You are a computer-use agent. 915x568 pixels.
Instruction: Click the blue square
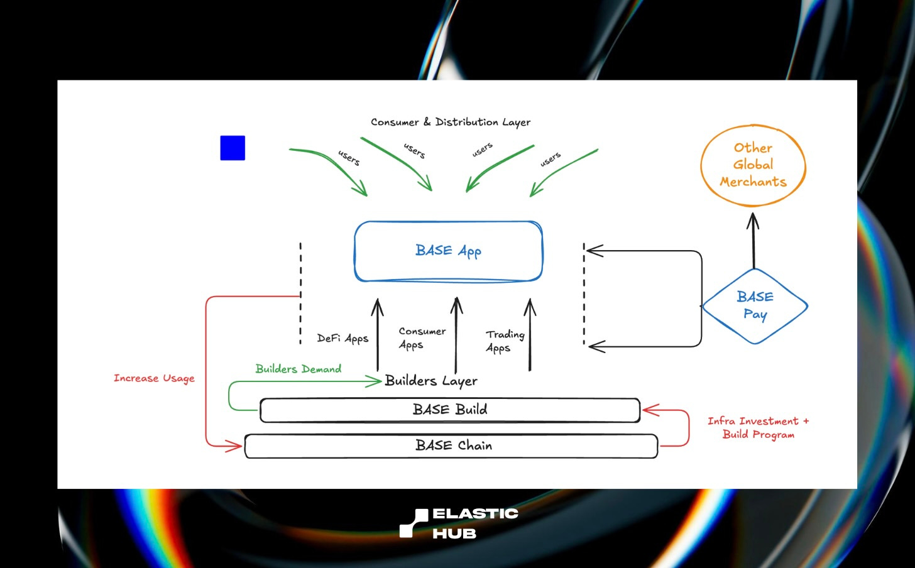(233, 148)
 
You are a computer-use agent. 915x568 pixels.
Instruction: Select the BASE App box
(448, 251)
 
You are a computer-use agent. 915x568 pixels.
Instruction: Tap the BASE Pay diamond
(755, 306)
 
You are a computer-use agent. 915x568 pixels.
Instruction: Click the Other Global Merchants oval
(753, 165)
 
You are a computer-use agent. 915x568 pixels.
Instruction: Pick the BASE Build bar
(450, 410)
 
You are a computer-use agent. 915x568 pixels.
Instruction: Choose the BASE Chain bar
(451, 446)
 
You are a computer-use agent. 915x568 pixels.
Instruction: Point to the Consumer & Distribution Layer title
(451, 122)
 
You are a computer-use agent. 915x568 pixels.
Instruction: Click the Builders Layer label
(431, 381)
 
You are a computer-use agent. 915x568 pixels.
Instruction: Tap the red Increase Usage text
(154, 378)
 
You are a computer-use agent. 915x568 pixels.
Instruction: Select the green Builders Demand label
(299, 369)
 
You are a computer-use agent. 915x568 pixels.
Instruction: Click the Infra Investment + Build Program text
(758, 428)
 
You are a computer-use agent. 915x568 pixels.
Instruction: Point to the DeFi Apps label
(342, 339)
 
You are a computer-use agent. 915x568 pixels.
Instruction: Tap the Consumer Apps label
(422, 338)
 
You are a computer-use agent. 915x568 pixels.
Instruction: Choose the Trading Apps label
(505, 341)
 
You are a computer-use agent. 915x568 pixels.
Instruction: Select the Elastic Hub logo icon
(414, 523)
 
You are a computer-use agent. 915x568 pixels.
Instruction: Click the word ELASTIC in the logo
(475, 513)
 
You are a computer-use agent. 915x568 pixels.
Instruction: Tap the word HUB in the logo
(454, 533)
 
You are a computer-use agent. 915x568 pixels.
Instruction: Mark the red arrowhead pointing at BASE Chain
(234, 446)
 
